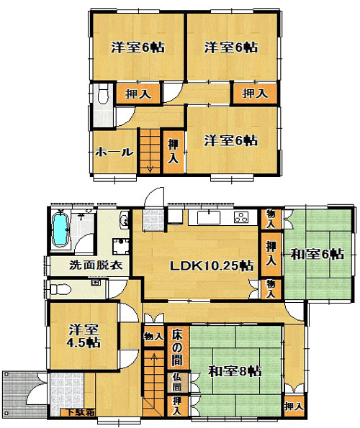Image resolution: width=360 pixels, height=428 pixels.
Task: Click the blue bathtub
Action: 61,229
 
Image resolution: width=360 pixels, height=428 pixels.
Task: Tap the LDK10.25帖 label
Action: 212,265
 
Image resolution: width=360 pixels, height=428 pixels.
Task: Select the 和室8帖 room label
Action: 235,371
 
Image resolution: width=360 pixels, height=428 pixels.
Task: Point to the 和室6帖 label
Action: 317,255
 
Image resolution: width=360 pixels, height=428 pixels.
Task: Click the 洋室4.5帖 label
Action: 84,336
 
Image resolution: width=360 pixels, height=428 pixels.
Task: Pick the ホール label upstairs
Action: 114,152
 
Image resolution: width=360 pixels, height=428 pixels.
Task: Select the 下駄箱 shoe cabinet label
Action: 77,412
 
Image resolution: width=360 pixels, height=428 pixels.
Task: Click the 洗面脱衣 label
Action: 96,265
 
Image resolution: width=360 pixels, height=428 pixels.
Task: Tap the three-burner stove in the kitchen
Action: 241,217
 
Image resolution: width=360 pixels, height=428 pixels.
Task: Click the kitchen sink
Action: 208,217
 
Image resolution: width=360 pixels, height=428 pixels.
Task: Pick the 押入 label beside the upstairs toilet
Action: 138,94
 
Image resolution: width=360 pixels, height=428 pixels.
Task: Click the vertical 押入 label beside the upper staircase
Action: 174,151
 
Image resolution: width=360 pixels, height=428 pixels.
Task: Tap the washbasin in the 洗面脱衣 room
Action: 124,219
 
